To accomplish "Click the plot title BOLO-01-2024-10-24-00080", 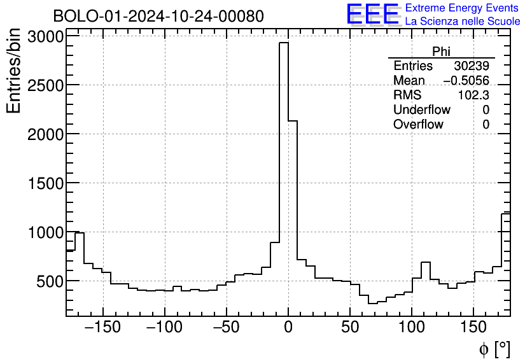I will coord(158,16).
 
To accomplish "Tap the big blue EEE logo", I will coord(373,15).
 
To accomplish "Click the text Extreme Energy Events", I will coord(461,8).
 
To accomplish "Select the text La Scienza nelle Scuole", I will coord(462,22).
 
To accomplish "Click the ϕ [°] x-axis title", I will coord(494,349).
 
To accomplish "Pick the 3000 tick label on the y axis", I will coord(44,36).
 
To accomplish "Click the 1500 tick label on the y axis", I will coord(44,183).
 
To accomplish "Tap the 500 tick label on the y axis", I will coord(48,281).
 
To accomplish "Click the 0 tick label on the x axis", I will coord(288,327).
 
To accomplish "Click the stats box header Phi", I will coord(441,52).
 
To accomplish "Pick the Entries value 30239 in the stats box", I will coord(472,66).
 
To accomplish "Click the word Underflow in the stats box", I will coord(421,110).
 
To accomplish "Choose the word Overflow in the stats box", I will coord(418,125).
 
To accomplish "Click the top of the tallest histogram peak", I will coord(284,43).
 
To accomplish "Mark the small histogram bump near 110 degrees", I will coord(426,263).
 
